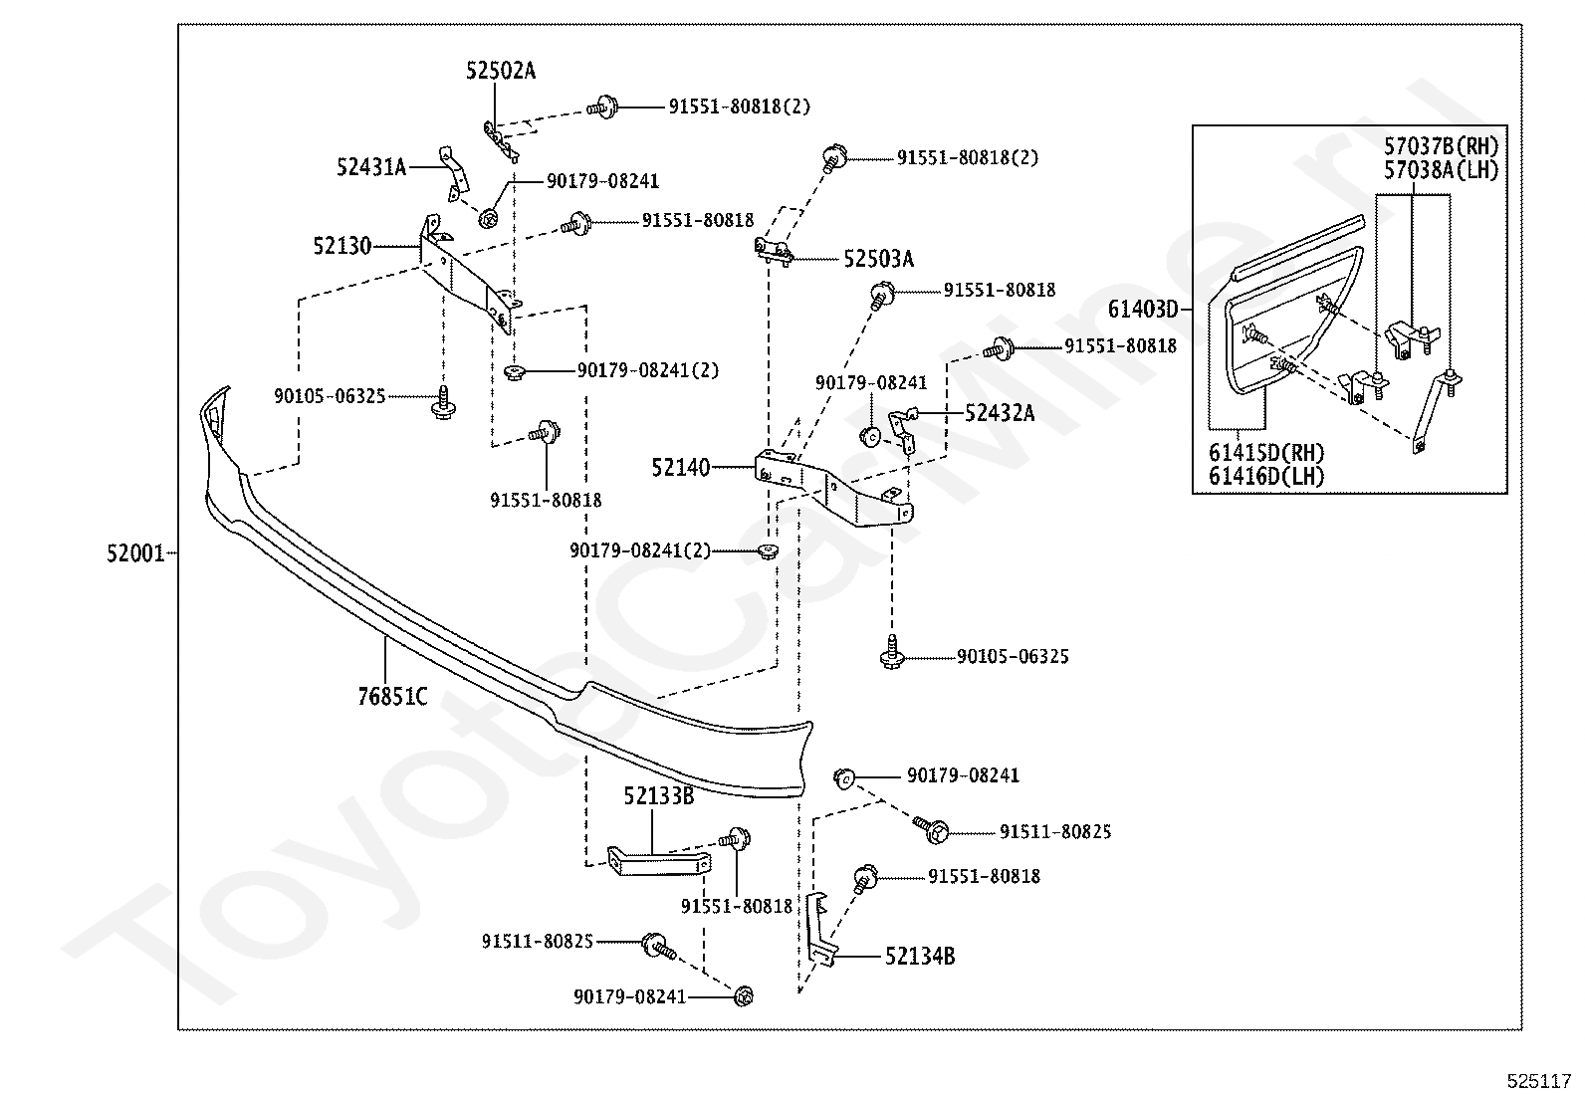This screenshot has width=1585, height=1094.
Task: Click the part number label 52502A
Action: click(500, 71)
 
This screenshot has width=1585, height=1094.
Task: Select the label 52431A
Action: click(371, 167)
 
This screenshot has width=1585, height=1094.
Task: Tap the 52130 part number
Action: click(342, 246)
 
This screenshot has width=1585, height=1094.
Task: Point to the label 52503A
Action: click(879, 260)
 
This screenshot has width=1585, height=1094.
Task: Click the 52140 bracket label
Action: click(681, 468)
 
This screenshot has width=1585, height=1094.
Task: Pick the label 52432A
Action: click(1000, 413)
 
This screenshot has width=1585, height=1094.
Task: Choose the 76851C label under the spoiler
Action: click(392, 697)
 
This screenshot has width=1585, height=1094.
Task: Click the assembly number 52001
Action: click(135, 553)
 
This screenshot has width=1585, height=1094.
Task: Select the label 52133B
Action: click(659, 796)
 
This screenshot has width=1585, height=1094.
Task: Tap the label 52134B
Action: click(920, 957)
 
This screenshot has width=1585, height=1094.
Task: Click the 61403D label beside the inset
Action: click(1143, 310)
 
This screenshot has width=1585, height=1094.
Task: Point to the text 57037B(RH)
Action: click(1442, 146)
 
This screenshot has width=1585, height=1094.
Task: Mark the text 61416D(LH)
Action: click(1265, 476)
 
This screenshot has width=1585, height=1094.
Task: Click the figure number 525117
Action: click(1538, 1081)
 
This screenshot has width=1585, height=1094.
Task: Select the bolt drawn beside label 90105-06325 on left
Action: click(444, 403)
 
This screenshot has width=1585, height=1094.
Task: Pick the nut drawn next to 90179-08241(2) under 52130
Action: click(515, 371)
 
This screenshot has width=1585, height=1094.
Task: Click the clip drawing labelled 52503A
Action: click(774, 250)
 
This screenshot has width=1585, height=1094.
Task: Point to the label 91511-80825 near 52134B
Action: click(1055, 832)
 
